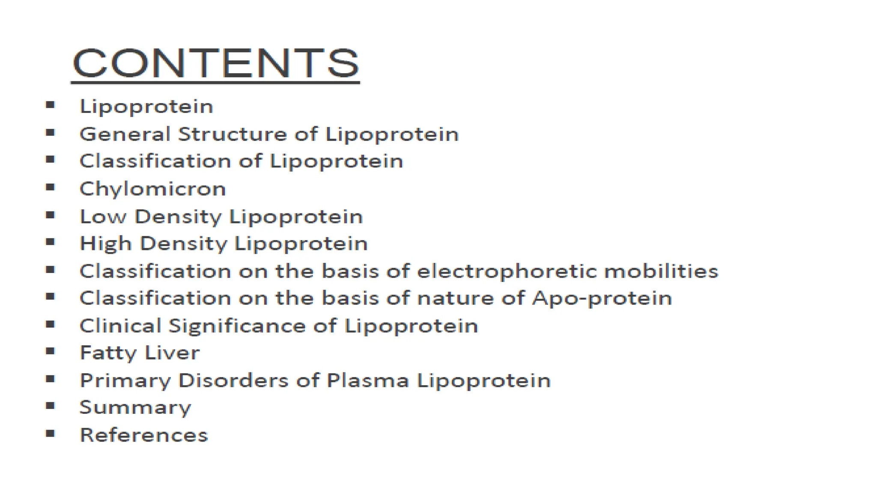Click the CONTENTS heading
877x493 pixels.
[x=216, y=63]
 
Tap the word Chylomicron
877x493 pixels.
[x=153, y=189]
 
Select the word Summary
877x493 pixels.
[x=135, y=407]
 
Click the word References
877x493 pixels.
[x=144, y=435]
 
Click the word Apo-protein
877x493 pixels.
[x=602, y=298]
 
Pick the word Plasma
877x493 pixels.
[x=368, y=380]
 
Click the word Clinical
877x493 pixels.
[x=120, y=326]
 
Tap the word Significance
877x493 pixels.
[x=237, y=326]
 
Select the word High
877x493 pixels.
[x=106, y=244]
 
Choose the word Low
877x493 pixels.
[x=103, y=217]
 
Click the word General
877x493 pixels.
[x=125, y=134]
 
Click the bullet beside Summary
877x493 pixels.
[x=51, y=406]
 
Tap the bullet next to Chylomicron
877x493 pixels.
[x=51, y=187]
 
